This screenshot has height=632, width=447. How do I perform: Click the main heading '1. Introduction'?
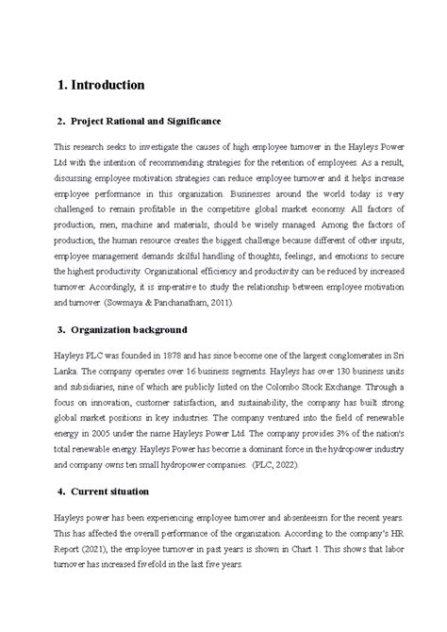pos(100,85)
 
